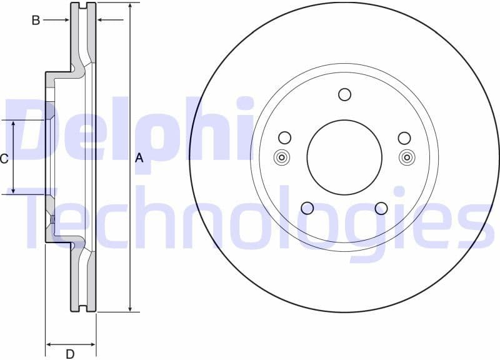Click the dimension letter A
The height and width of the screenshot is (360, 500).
pyautogui.click(x=139, y=158)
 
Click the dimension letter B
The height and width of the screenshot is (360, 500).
pyautogui.click(x=36, y=21)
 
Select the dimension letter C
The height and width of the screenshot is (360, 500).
pyautogui.click(x=4, y=159)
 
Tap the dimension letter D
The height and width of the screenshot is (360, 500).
pyautogui.click(x=70, y=354)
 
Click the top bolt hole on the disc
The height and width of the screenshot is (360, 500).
pyautogui.click(x=344, y=94)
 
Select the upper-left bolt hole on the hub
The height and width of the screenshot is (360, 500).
pyautogui.click(x=285, y=137)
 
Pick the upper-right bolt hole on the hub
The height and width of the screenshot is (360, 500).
pyautogui.click(x=404, y=137)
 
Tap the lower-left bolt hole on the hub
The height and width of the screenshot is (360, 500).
pyautogui.click(x=307, y=208)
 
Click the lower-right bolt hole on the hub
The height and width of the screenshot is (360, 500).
pyautogui.click(x=381, y=208)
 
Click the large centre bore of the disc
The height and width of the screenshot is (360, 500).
pyautogui.click(x=344, y=157)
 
